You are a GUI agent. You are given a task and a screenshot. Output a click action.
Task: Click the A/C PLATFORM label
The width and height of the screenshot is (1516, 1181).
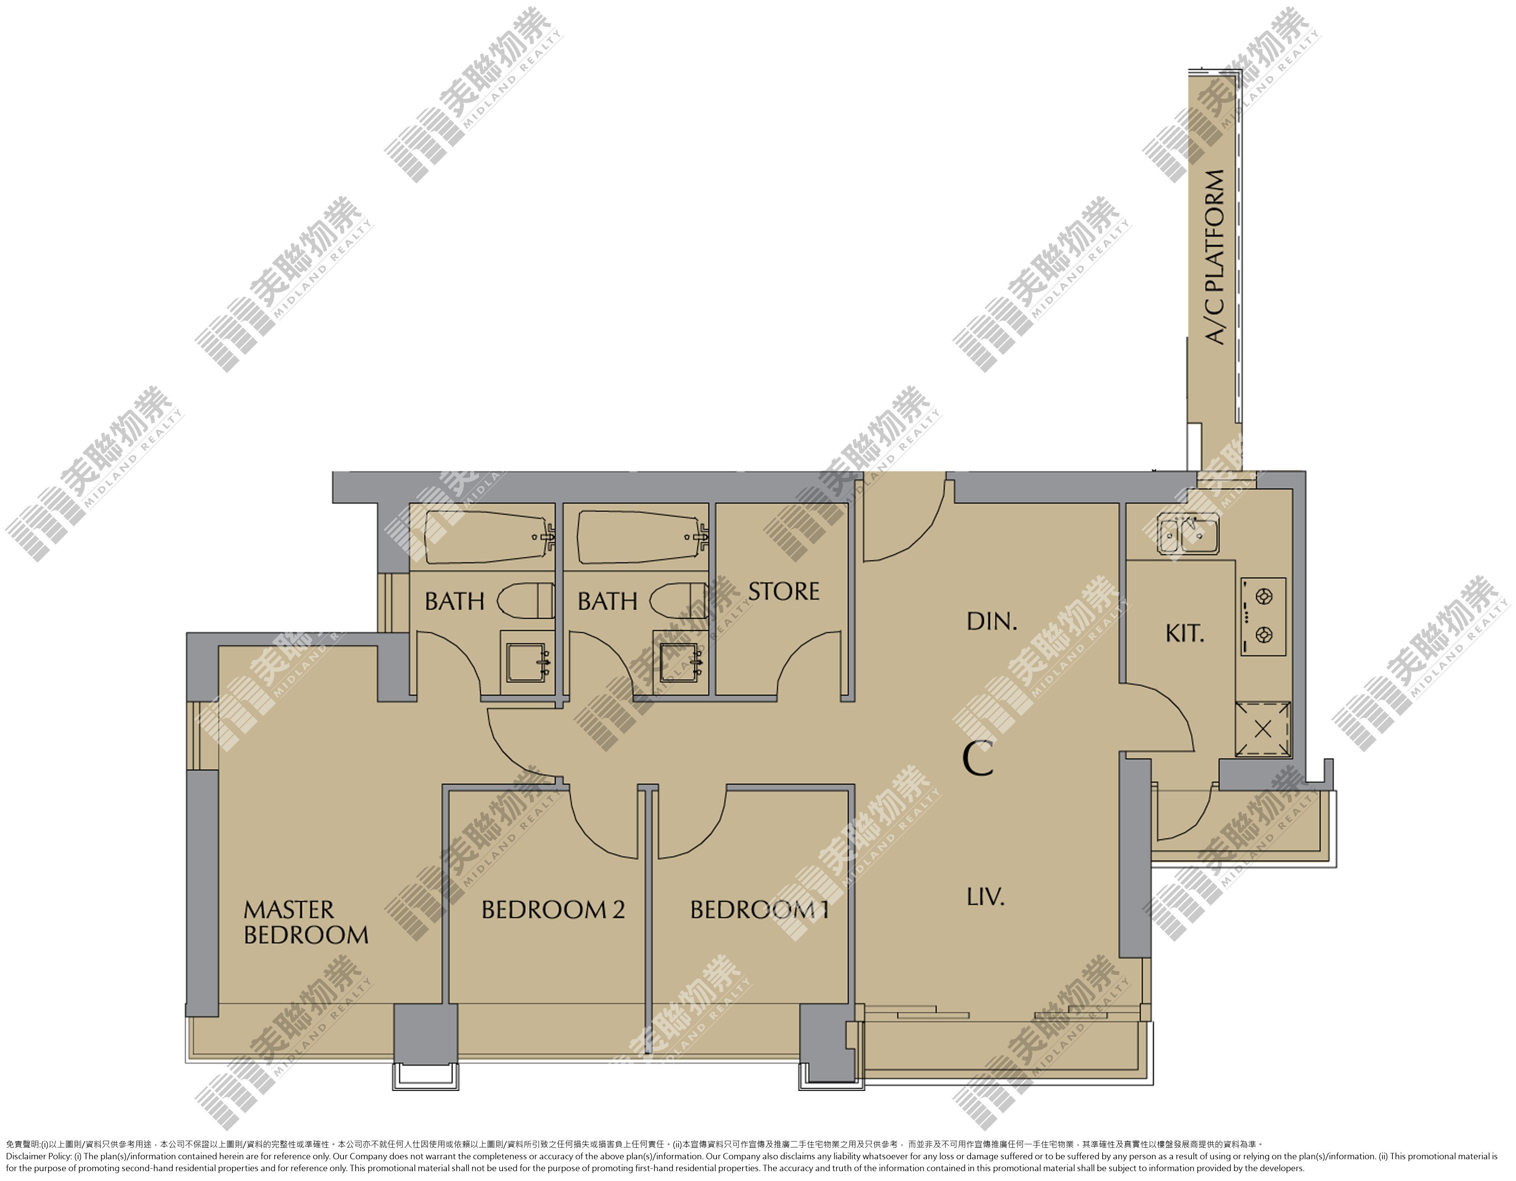click(x=1215, y=257)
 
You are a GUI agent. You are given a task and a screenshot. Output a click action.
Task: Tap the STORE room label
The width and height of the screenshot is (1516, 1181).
click(x=784, y=592)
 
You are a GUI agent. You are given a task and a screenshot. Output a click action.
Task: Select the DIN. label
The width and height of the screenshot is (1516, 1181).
click(x=992, y=621)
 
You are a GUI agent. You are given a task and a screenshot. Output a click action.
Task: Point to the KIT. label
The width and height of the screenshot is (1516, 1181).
click(x=1185, y=633)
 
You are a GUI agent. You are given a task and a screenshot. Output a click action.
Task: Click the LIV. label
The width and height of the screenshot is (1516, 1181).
click(x=986, y=897)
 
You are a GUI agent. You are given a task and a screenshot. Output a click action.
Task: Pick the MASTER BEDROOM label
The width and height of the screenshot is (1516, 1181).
click(x=306, y=922)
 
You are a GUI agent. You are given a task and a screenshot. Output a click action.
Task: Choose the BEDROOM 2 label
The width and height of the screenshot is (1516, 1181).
click(x=553, y=910)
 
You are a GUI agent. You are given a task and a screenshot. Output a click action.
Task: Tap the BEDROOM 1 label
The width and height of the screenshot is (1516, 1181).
click(x=760, y=910)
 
